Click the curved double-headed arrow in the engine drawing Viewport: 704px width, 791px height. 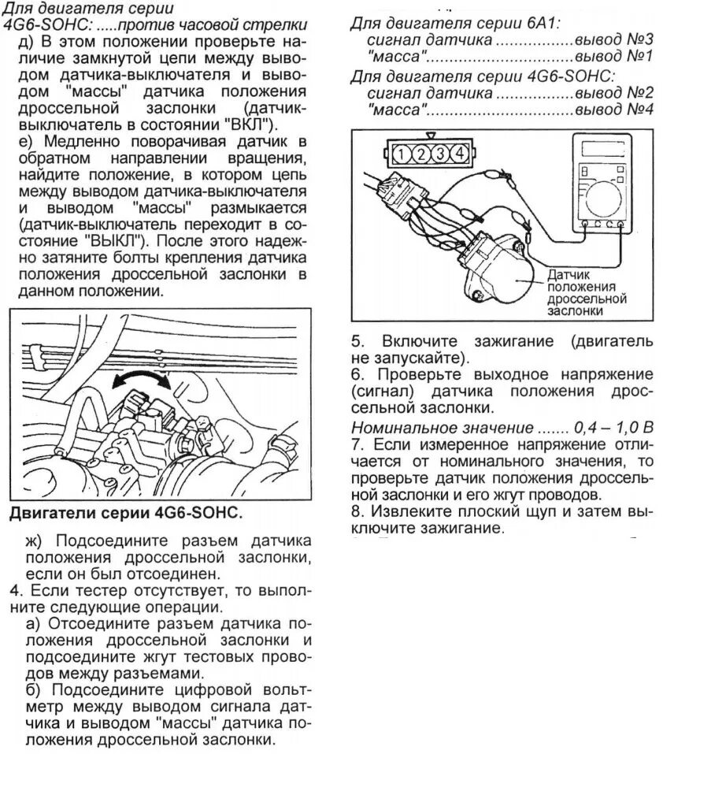141,379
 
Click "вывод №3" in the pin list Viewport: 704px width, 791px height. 613,40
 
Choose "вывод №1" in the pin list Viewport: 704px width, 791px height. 613,58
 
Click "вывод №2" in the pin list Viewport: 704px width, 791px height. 613,93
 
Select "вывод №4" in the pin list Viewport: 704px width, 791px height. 613,110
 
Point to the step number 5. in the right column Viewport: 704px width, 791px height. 358,342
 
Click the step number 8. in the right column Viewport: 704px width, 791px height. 358,512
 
